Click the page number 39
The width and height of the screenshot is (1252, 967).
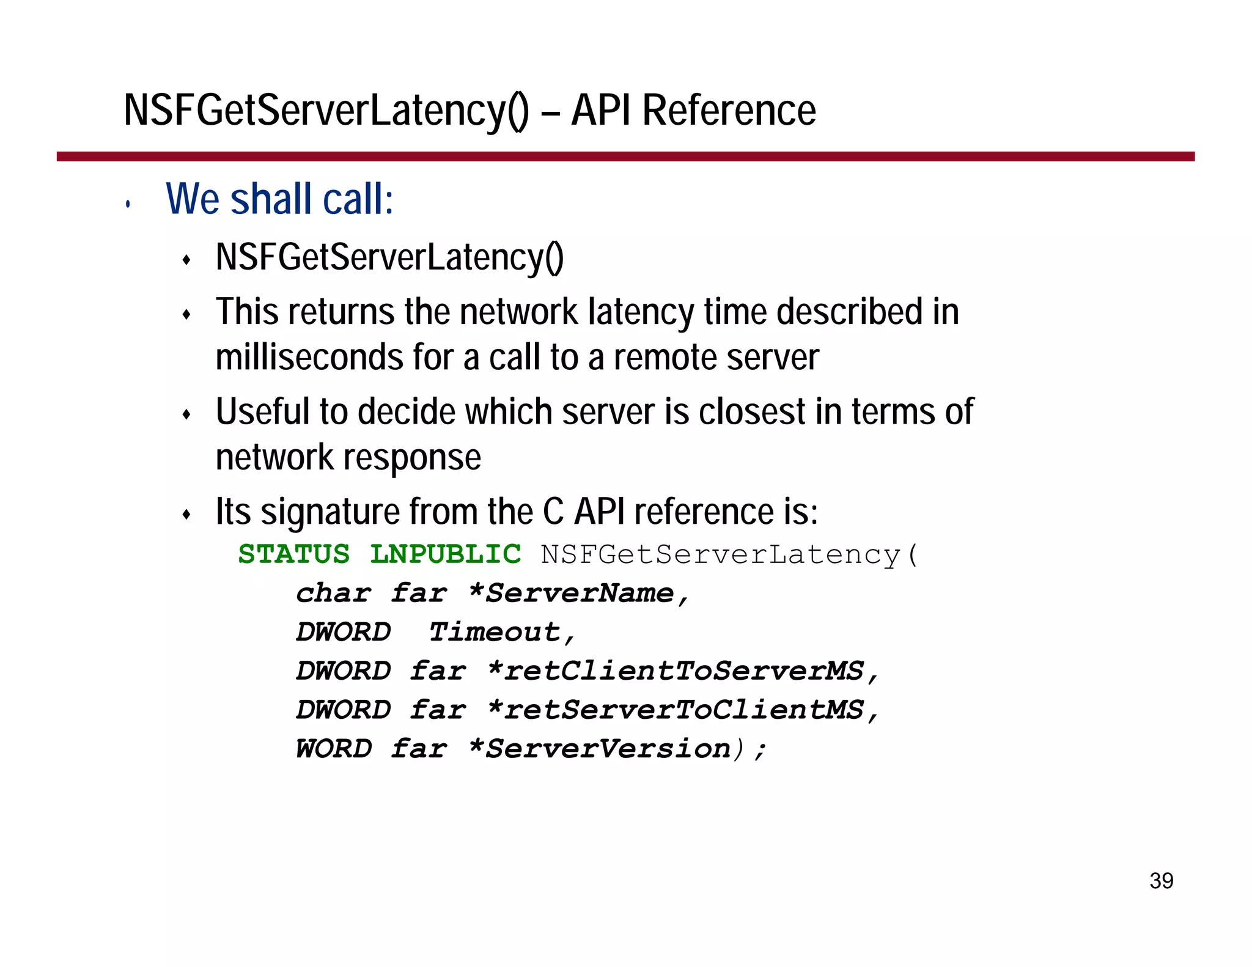[x=1161, y=881]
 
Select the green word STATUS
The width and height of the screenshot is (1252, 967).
[x=294, y=554]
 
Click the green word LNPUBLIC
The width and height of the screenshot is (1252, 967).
[x=446, y=554]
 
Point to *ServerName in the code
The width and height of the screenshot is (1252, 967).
[x=572, y=594]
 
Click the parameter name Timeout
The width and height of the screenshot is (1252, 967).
[x=494, y=632]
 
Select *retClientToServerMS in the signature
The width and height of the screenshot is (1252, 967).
[x=676, y=671]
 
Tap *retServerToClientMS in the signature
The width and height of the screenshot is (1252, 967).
[x=676, y=710]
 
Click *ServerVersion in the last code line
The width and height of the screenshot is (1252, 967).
[x=600, y=749]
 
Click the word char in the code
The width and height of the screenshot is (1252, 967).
[x=334, y=594]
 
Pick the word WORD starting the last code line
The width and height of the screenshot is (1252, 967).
[x=334, y=749]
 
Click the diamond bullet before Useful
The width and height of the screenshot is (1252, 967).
[x=187, y=415]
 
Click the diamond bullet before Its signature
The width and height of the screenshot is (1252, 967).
[x=187, y=515]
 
